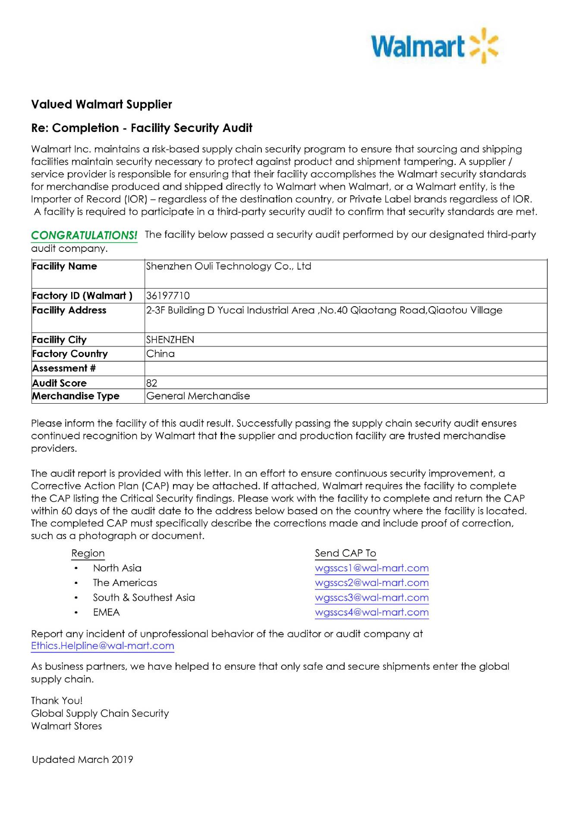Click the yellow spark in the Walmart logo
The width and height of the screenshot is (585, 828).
coord(483,46)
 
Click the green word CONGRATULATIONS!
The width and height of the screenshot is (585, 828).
coord(84,235)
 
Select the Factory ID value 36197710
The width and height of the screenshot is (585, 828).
coord(168,296)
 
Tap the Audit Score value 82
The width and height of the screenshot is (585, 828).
coord(152,383)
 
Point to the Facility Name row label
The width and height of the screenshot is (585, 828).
coord(65,267)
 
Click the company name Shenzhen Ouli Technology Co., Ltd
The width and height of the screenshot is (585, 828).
coord(229,267)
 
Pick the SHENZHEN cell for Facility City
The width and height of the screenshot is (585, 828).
coord(170,340)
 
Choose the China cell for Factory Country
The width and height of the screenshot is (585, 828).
coord(160,354)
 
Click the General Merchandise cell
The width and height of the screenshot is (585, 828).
coord(198,396)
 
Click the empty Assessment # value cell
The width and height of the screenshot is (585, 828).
coord(345,369)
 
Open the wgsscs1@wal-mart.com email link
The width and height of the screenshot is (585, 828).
coord(371,568)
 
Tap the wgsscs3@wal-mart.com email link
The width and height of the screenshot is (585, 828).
coord(371,598)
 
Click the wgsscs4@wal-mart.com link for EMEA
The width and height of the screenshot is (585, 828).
coord(371,612)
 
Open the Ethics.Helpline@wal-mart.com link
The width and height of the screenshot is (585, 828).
coord(103,646)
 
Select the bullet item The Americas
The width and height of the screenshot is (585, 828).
coord(125,583)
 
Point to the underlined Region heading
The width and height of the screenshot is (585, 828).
coord(88,553)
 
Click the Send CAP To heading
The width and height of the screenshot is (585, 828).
coord(345,553)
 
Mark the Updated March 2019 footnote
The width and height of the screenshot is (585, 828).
coord(82,760)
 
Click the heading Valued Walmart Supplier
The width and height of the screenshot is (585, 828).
coord(101,104)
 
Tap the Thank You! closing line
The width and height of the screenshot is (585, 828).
coord(57,701)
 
